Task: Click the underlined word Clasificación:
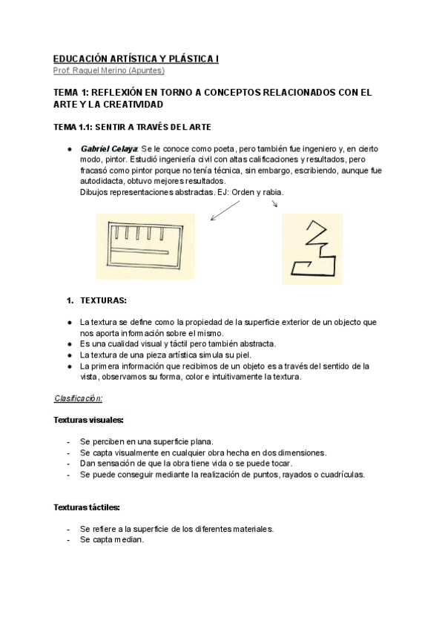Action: pyautogui.click(x=78, y=398)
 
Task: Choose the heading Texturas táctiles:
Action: pyautogui.click(x=87, y=507)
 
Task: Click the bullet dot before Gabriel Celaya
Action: pyautogui.click(x=69, y=149)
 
